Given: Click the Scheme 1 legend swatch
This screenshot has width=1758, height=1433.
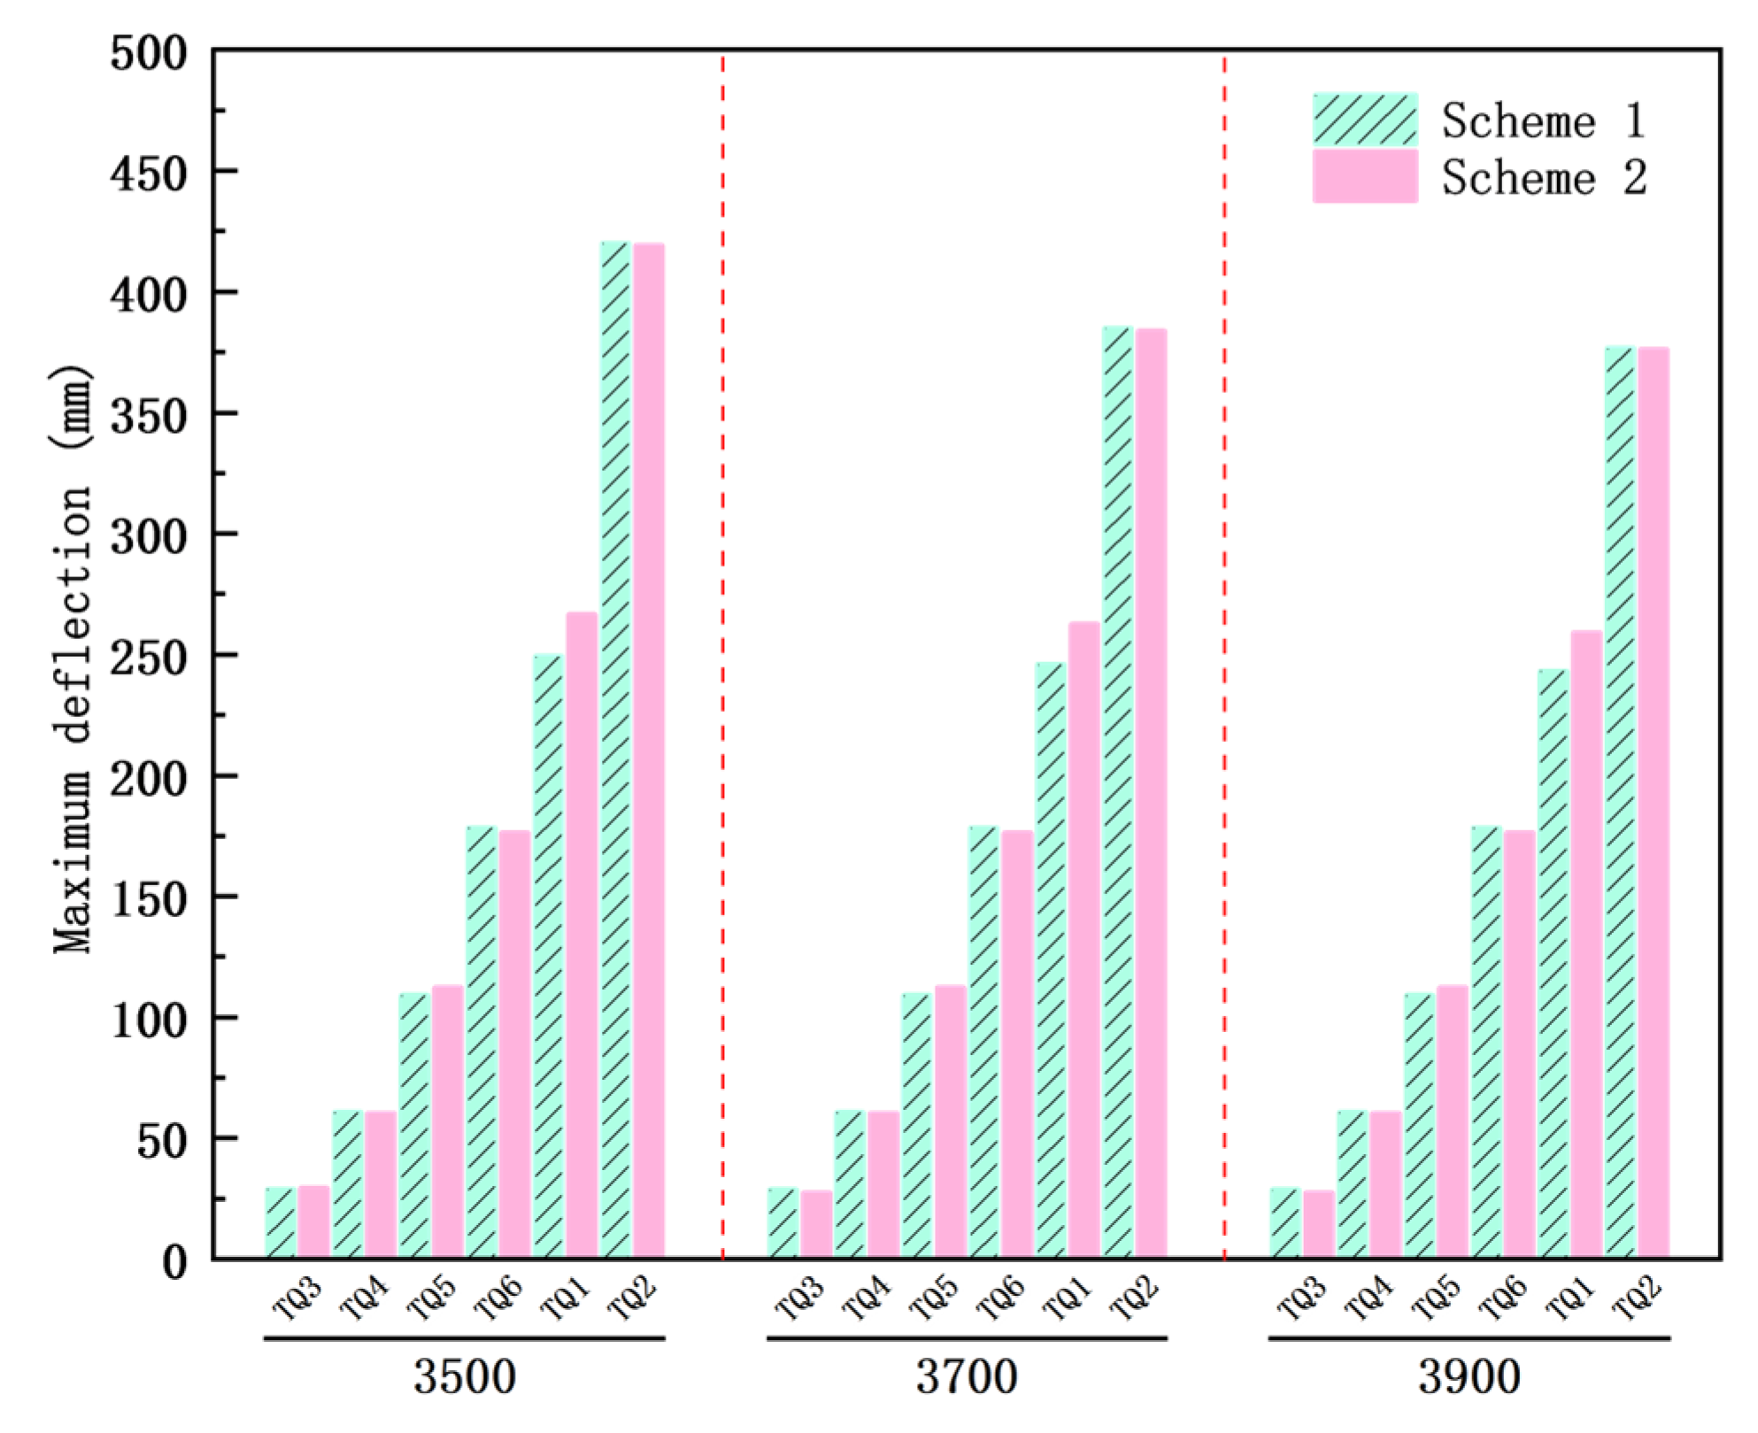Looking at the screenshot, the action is pos(1364,119).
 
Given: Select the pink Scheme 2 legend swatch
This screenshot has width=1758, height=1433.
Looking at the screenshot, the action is pos(1364,176).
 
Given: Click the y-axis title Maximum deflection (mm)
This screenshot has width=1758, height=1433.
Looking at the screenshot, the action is pos(73,659).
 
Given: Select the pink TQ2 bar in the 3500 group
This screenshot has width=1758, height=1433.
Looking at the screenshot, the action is pos(649,751).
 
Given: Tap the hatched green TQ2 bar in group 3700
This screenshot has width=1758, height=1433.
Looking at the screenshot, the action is pos(1118,792).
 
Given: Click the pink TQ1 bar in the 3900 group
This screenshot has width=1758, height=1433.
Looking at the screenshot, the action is pos(1586,944).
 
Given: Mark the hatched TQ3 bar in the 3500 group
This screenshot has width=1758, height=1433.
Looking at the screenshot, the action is pos(281,1222).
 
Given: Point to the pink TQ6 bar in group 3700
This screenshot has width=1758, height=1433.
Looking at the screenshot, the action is pos(1017,1044).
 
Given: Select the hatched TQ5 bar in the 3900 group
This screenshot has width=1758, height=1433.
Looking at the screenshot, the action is pos(1420,1126).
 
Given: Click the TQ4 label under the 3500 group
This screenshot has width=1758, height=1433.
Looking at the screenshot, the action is pos(365,1298).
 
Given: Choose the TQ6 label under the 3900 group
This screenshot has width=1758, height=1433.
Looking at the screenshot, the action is pos(1503,1298).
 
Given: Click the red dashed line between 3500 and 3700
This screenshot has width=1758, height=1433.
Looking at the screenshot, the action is pos(723,655).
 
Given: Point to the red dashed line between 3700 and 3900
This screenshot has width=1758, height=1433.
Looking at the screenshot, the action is pos(1225,655).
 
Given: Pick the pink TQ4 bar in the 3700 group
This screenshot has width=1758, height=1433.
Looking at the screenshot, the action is pos(883,1184).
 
